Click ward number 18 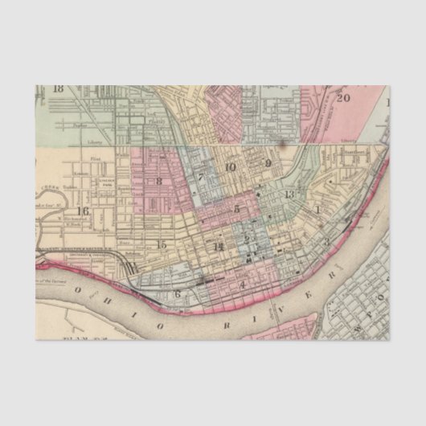coord(58,88)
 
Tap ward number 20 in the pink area coord(343,98)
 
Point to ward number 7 coord(200,178)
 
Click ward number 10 coord(231,167)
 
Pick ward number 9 coord(268,164)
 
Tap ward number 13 coord(289,194)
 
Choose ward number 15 coord(162,244)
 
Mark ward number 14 coord(218,246)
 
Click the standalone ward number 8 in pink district coord(159,181)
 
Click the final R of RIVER coord(331,277)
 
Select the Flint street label coord(95,159)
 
